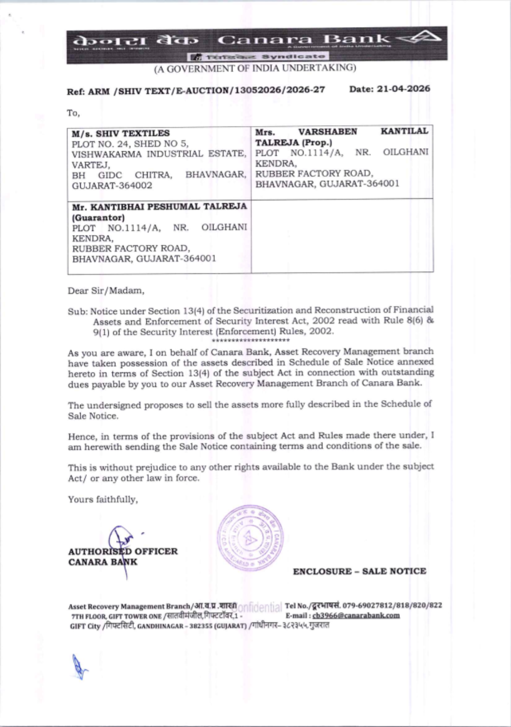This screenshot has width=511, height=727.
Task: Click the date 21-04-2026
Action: pos(403,89)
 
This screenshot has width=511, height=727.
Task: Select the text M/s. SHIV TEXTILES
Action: pos(121,133)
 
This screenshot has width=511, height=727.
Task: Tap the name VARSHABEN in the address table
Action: pos(328,132)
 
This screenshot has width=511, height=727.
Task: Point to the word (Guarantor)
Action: pos(99,217)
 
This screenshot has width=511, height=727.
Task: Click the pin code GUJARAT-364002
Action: pos(112,185)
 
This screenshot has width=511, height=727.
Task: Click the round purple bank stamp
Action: pos(249,538)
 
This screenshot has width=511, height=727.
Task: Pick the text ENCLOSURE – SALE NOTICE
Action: pos(359,571)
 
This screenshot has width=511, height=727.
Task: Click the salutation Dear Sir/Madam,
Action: pos(106,291)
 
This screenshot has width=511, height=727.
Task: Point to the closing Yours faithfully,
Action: pos(103,499)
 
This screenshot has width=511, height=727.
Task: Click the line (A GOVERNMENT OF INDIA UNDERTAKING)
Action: pos(255,68)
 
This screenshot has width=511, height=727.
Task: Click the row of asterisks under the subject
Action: pos(250,340)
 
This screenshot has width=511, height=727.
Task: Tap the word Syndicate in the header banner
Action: pos(293,56)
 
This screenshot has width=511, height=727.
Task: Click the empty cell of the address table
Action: pos(342,236)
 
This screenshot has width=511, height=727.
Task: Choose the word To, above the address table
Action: pos(74,113)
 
